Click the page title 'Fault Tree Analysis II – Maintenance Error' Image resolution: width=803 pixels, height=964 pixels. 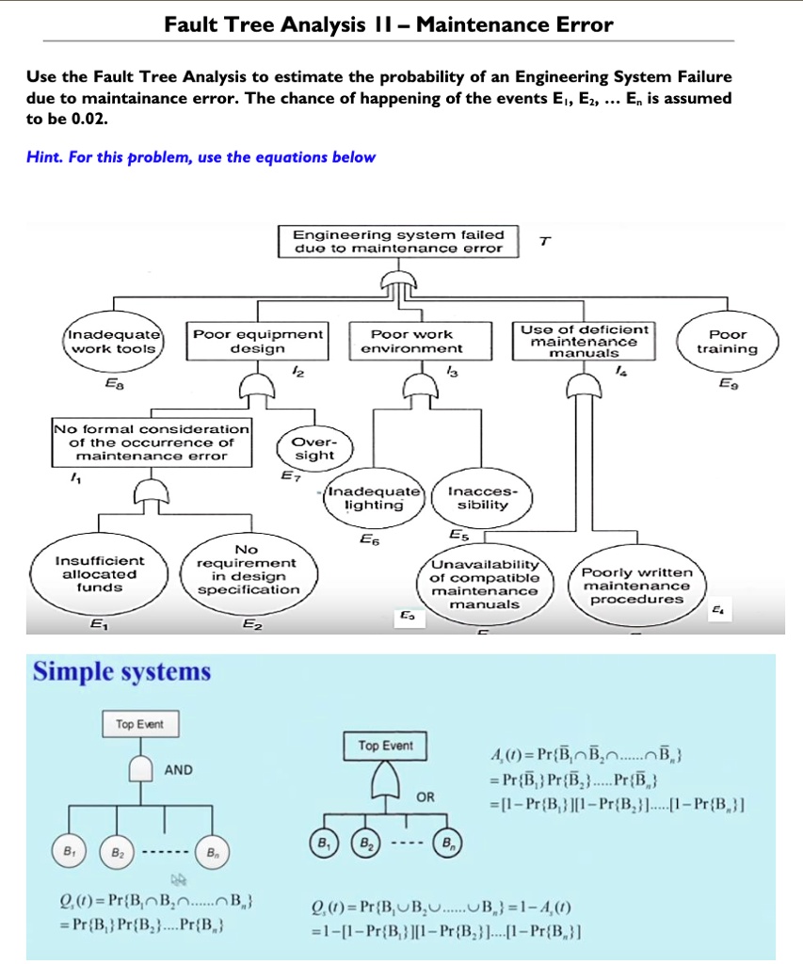388,25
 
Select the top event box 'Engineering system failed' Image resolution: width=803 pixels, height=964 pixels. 399,241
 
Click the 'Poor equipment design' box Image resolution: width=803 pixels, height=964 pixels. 258,341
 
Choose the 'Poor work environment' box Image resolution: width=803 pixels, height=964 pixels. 411,341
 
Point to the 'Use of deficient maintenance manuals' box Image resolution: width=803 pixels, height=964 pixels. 584,341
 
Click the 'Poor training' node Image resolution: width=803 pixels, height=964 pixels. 727,342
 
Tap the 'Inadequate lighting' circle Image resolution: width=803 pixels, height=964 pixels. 374,498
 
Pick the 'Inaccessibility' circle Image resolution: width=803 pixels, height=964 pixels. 476,498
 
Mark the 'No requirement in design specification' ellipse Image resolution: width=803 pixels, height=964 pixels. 246,570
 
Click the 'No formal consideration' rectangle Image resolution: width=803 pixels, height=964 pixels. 151,442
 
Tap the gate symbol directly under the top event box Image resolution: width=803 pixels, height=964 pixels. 399,279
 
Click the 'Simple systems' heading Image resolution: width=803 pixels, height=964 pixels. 122,672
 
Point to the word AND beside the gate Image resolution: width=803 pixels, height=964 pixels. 179,770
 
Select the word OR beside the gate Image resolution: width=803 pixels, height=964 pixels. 426,796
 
